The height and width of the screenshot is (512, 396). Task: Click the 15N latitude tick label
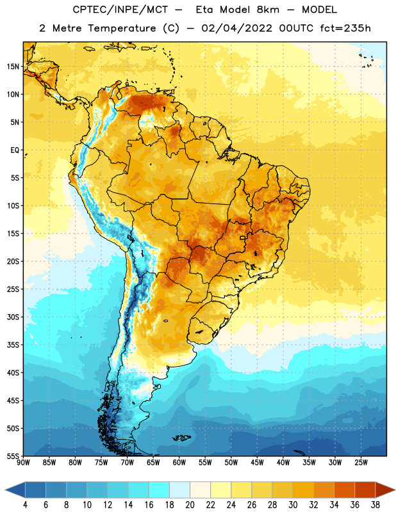click(x=13, y=67)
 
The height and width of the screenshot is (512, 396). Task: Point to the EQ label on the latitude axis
click(x=15, y=150)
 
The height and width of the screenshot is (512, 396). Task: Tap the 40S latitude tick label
click(x=13, y=372)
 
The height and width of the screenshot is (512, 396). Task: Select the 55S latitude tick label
click(x=13, y=456)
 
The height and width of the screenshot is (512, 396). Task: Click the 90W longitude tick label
click(x=23, y=463)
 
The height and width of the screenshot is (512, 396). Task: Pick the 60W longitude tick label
click(x=179, y=463)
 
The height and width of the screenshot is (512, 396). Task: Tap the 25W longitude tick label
click(x=361, y=463)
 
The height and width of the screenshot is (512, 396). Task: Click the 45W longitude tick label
click(x=257, y=463)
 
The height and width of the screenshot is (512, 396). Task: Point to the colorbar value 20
click(x=190, y=505)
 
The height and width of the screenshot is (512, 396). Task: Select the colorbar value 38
click(x=375, y=505)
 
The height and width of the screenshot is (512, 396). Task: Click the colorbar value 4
click(x=25, y=505)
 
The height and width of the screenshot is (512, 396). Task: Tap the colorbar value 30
click(x=293, y=505)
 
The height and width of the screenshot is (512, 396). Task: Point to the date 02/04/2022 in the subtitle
click(x=236, y=28)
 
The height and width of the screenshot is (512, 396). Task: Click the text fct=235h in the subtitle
click(x=345, y=28)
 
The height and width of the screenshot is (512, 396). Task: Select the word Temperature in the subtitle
click(x=122, y=28)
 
